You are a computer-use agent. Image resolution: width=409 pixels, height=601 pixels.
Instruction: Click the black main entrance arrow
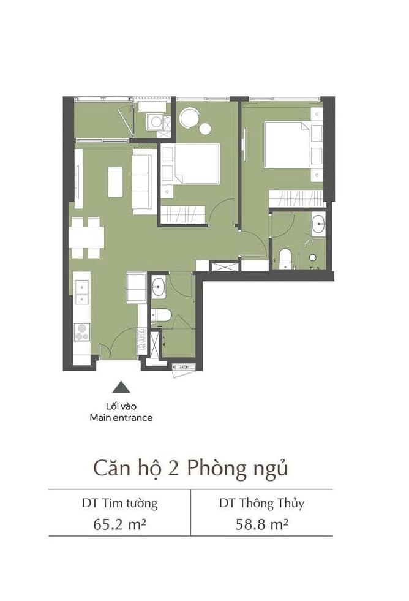point(121,387)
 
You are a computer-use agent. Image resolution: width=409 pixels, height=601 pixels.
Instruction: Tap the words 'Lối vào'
point(121,406)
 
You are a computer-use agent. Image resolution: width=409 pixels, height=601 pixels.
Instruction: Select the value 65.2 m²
point(119,524)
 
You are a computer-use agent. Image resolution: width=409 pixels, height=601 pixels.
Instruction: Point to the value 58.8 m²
point(261,524)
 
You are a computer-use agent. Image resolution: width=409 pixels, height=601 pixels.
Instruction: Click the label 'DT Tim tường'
point(119,503)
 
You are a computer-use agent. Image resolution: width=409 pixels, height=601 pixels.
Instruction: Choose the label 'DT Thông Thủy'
point(262,503)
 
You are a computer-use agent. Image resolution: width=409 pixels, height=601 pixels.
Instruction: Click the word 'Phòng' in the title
point(216,469)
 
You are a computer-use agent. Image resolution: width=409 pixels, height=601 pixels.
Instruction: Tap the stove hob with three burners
point(81,332)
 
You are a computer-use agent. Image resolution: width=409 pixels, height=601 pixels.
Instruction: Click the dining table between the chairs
point(86,237)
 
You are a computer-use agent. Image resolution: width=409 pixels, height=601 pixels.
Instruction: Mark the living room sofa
point(144,182)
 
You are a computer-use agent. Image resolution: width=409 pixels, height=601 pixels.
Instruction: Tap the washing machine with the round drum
point(156,122)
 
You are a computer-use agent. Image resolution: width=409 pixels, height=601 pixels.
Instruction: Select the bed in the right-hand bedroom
point(287,145)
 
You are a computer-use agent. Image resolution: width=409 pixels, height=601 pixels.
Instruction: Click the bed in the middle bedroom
point(197,164)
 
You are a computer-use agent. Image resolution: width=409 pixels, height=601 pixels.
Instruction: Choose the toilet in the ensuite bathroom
point(285,258)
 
